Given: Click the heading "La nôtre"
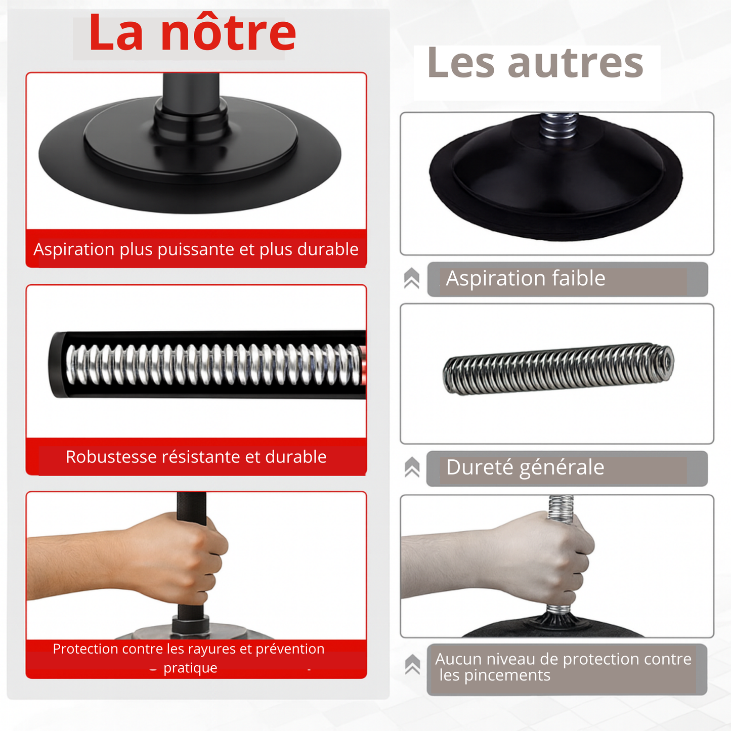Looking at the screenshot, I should pyautogui.click(x=192, y=33).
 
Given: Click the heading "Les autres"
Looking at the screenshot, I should pyautogui.click(x=535, y=63).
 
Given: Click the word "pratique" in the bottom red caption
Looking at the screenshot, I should pyautogui.click(x=190, y=668).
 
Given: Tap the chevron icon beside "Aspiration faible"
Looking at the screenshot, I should pyautogui.click(x=412, y=279).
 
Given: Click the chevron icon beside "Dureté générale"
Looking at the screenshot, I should pyautogui.click(x=412, y=467).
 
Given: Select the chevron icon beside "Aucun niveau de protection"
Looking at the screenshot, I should pyautogui.click(x=412, y=664).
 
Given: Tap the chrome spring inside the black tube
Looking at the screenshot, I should pyautogui.click(x=212, y=365).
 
